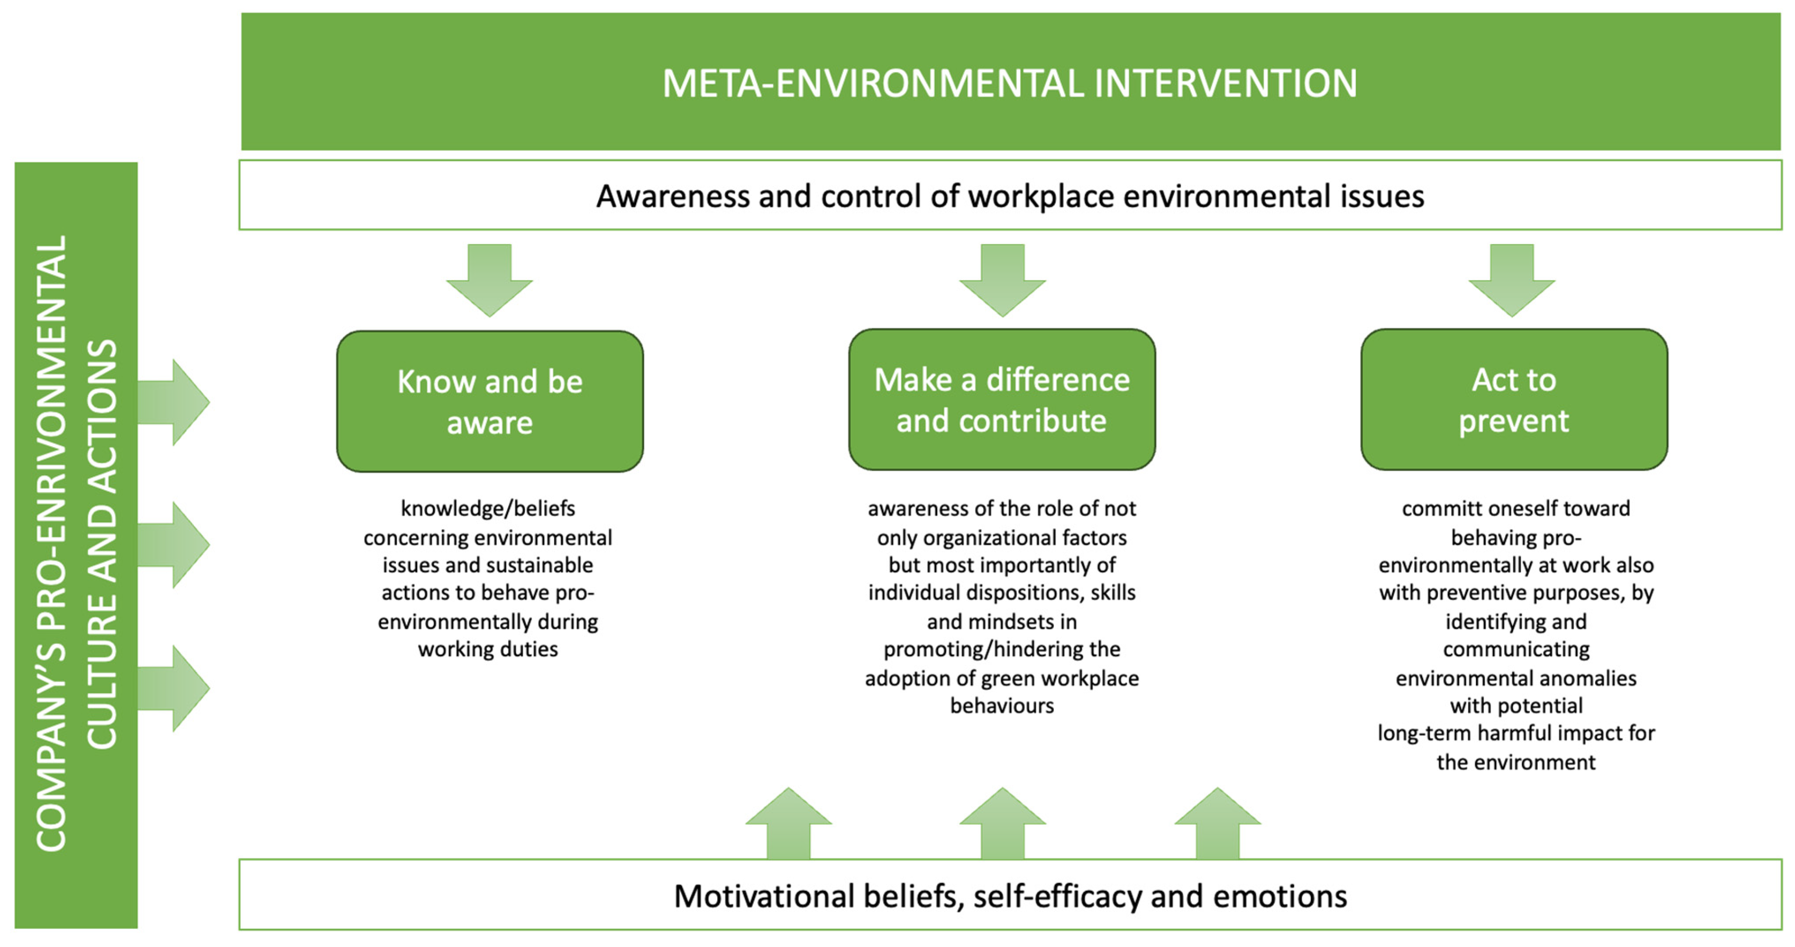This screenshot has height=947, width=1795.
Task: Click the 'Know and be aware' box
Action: [490, 402]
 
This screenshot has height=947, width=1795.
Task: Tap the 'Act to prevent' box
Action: [1514, 400]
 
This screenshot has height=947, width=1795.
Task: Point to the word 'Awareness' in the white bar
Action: [672, 196]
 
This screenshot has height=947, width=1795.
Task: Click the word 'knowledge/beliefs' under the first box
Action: [488, 509]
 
